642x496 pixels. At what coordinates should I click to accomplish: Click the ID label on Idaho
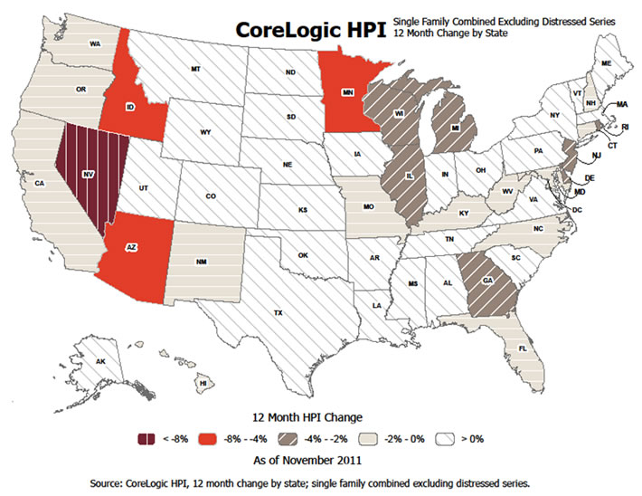point(130,107)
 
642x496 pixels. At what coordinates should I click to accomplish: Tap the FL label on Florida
point(523,348)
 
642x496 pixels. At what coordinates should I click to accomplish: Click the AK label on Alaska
point(101,360)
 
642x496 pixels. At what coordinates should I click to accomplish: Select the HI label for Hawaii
point(203,383)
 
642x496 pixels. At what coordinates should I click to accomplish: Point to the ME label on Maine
point(606,62)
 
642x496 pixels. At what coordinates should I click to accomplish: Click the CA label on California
point(40,184)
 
